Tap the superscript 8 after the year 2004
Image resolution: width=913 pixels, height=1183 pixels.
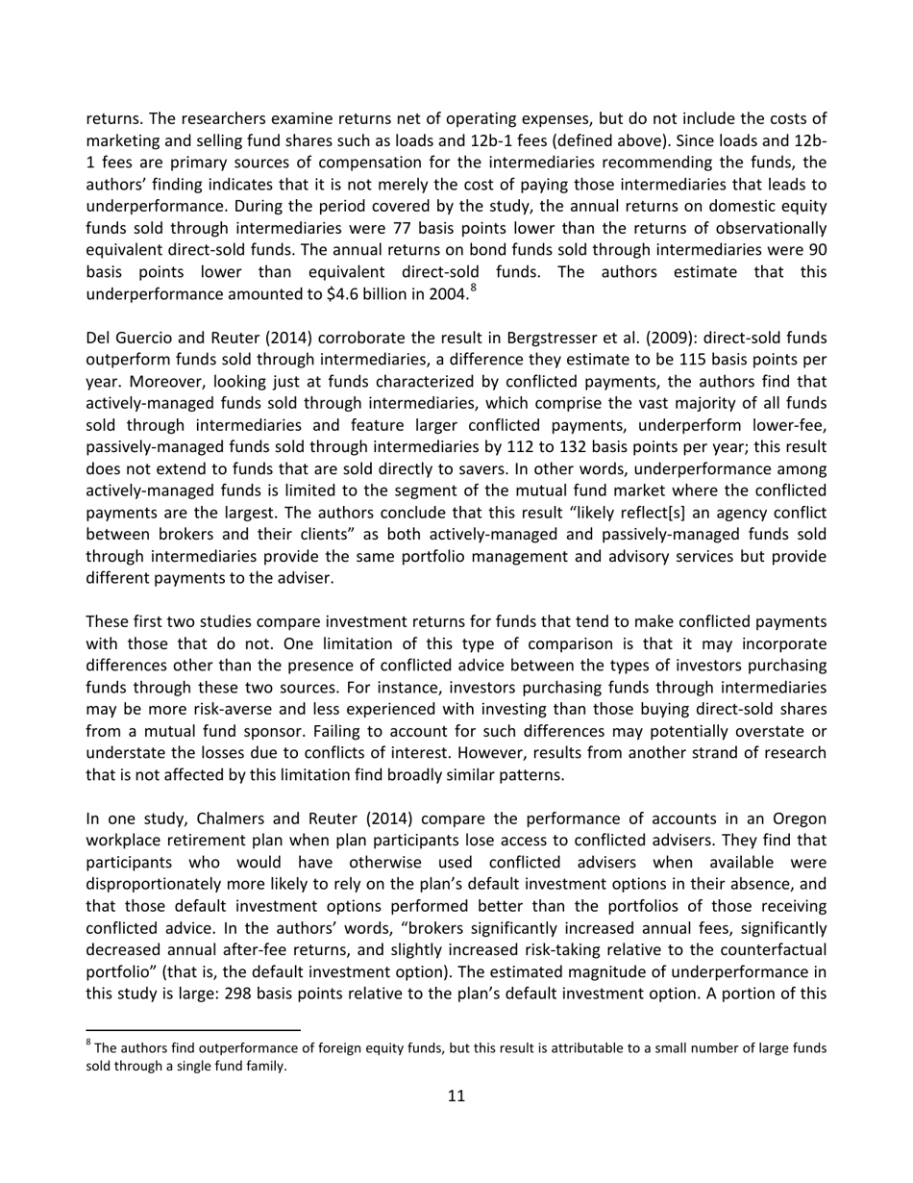point(473,288)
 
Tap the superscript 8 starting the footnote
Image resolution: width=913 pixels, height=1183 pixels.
point(89,1044)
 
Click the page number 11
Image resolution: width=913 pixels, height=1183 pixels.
point(456,1095)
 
